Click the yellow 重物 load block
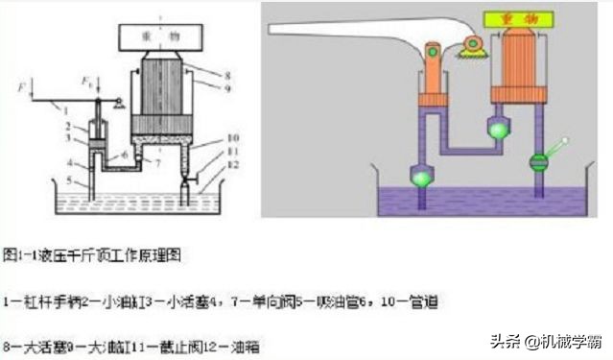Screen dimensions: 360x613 [519, 19]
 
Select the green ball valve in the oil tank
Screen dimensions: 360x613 [422, 177]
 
